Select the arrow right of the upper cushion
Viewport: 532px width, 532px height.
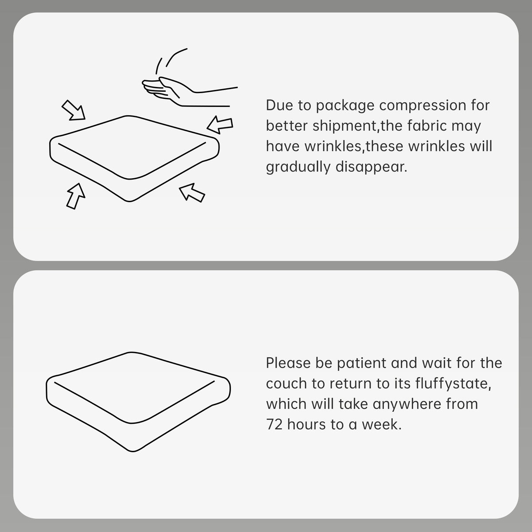(220, 125)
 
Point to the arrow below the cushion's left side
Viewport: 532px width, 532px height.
(75, 196)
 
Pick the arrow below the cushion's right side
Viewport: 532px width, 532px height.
(192, 192)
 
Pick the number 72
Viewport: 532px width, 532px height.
(274, 425)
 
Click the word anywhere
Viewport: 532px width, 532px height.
(407, 405)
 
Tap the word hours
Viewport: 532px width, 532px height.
(306, 424)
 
